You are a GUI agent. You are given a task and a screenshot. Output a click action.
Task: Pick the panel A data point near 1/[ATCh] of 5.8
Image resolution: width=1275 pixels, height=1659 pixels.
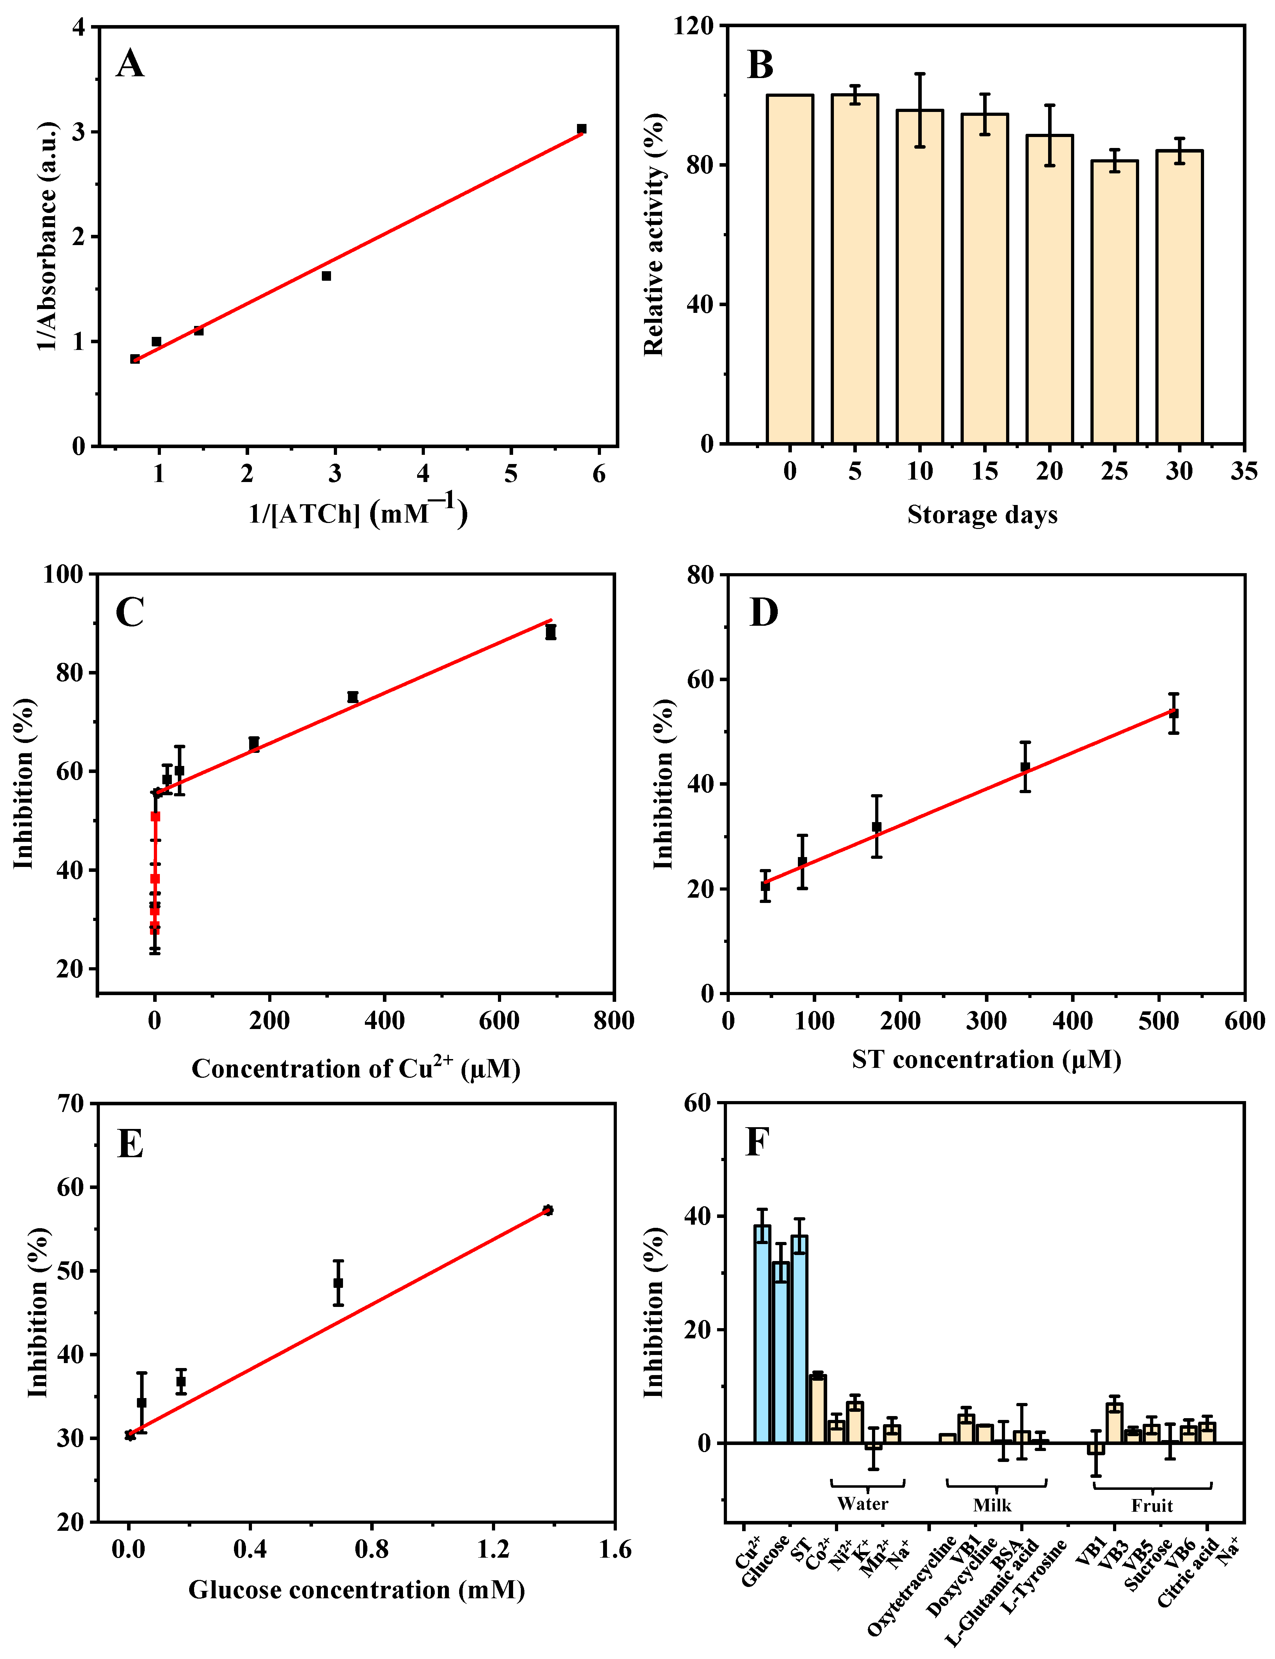[x=581, y=129]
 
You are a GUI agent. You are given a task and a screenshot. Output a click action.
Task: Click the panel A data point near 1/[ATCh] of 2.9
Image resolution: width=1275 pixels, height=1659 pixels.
[x=326, y=275]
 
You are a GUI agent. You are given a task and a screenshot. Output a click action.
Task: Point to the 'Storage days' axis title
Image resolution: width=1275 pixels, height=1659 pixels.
[x=982, y=515]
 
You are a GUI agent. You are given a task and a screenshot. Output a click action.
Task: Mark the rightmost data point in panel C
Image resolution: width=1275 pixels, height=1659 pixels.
[x=550, y=632]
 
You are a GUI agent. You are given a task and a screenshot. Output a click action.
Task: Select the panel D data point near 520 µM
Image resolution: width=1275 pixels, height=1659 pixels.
[x=1173, y=714]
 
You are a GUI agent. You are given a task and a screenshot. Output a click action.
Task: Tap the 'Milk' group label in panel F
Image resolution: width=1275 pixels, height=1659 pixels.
[x=992, y=1505]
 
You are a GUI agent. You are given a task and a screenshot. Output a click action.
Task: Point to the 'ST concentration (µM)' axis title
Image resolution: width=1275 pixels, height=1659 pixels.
[x=986, y=1059]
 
